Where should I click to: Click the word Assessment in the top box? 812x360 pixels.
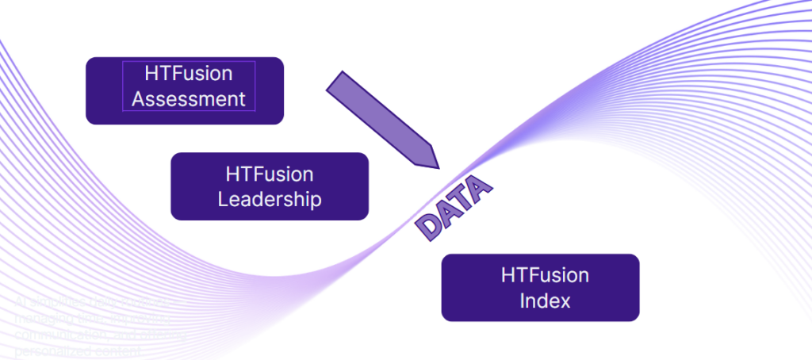189,99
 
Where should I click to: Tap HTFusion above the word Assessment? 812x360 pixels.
189,74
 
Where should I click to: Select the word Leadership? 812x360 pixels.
270,198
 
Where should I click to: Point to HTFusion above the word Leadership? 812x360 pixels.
270,174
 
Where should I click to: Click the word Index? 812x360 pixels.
545,301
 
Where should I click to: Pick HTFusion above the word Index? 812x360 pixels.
545,276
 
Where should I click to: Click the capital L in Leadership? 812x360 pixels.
223,198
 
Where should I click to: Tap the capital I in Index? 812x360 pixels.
523,301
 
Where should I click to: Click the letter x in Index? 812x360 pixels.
565,302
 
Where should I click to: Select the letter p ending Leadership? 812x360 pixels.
316,200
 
